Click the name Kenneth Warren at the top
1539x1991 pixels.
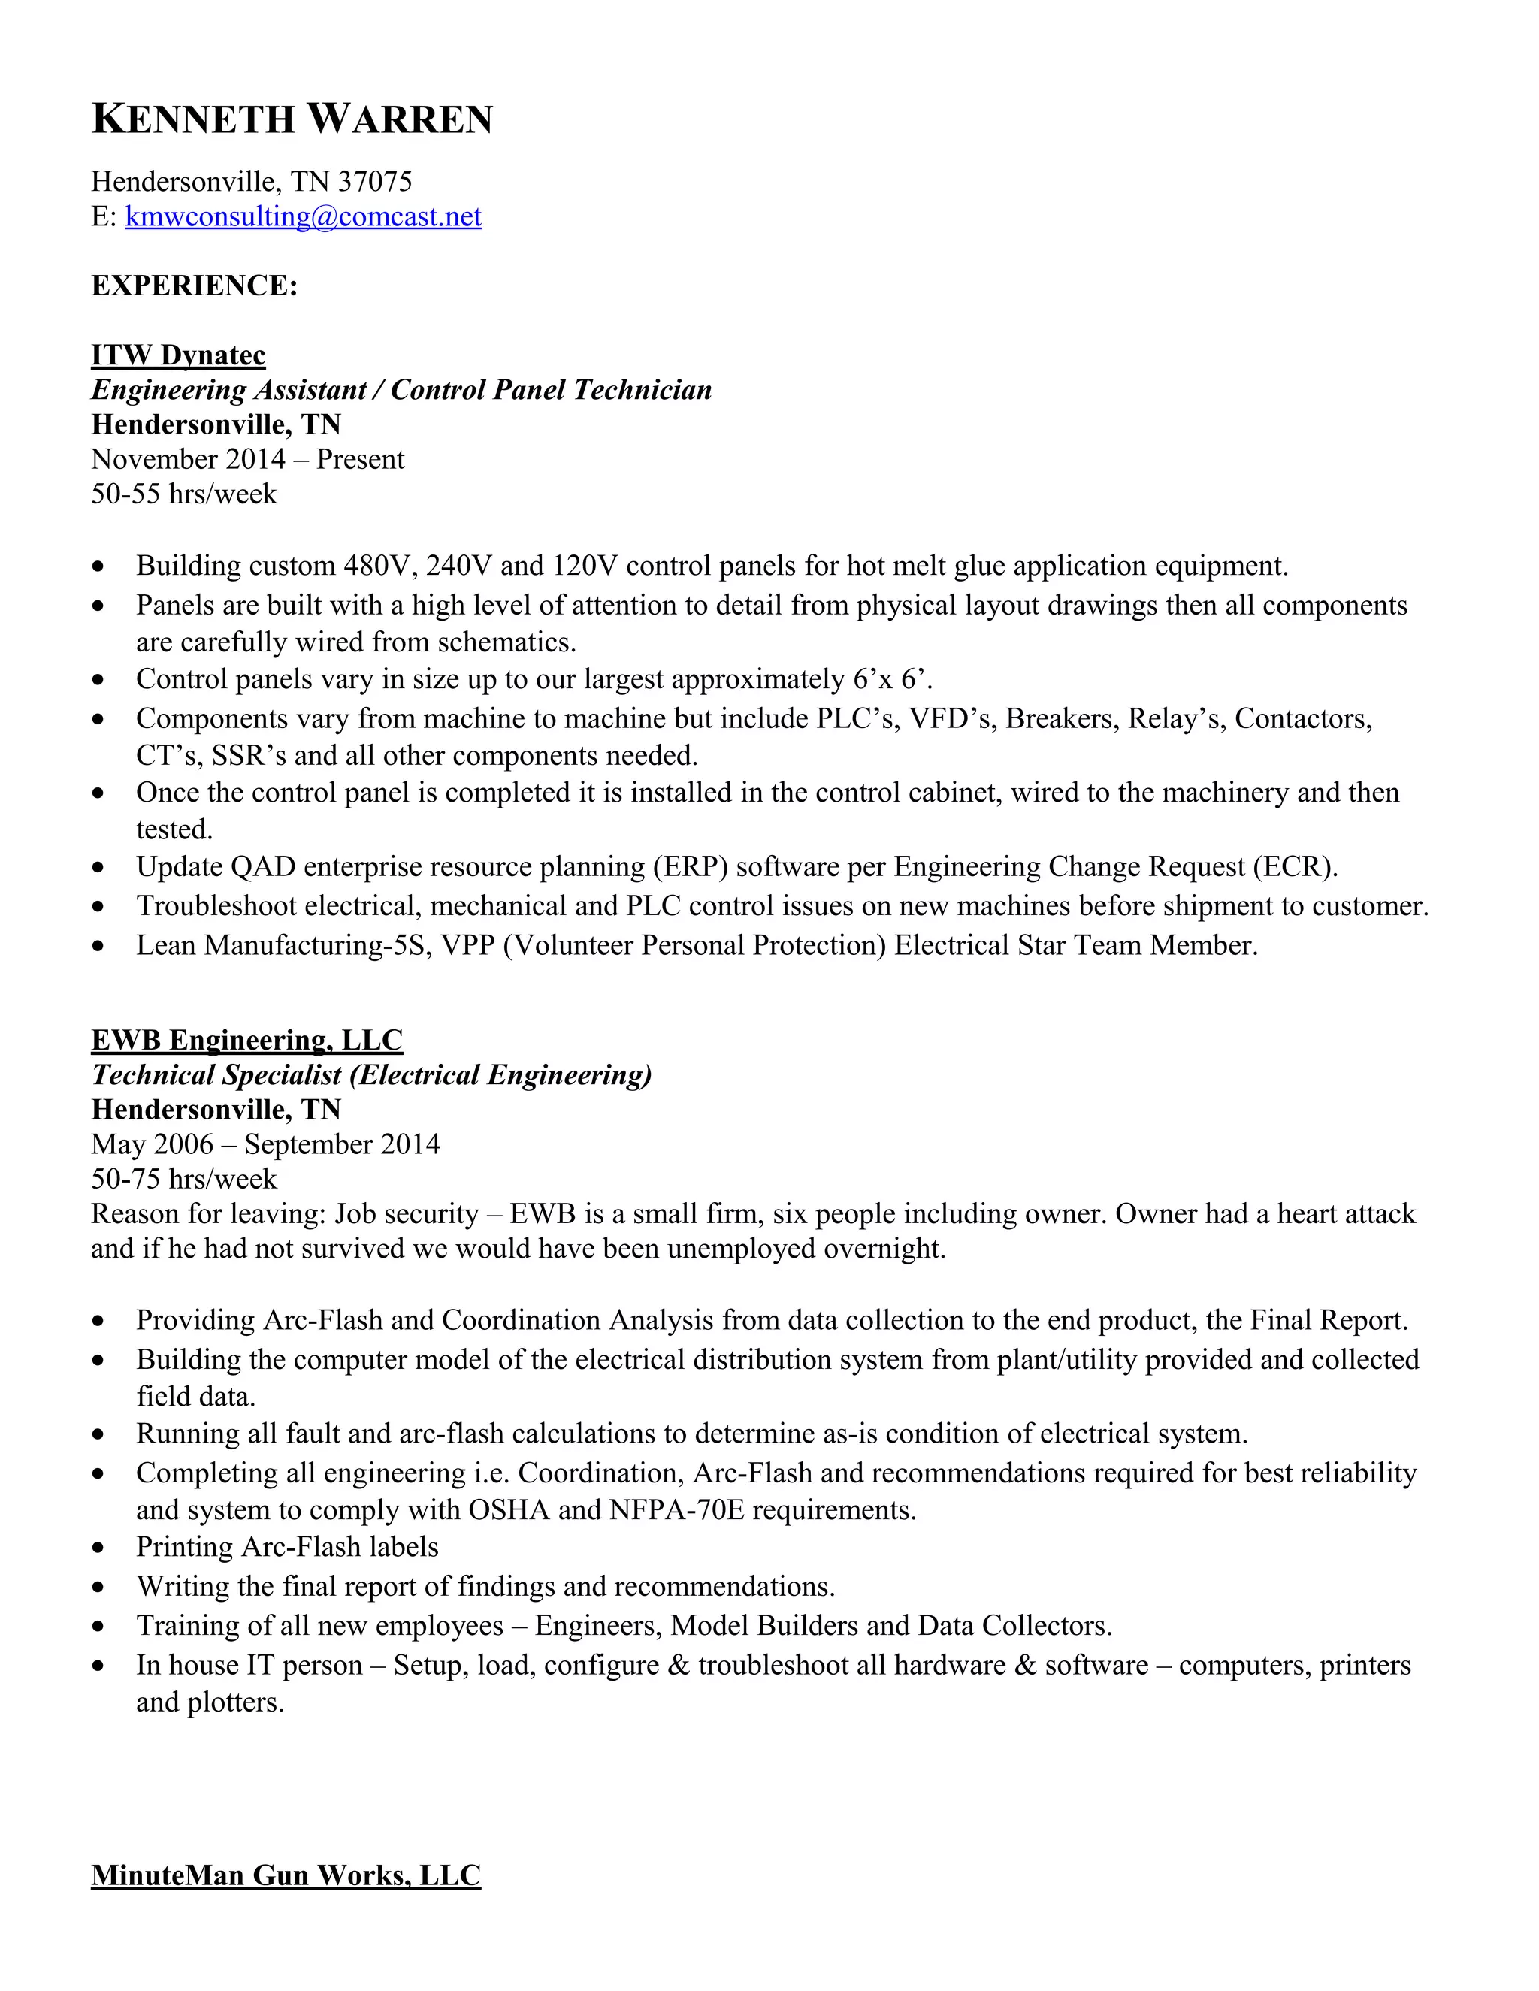click(292, 119)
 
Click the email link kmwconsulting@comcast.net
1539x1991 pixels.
click(303, 217)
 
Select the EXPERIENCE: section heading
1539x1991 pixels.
click(194, 286)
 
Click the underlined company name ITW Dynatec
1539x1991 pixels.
click(178, 355)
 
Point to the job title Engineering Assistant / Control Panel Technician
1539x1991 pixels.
click(401, 389)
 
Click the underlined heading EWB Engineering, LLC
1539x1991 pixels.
click(246, 1039)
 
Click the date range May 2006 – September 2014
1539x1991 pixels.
click(265, 1144)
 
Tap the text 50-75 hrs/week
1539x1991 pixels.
click(183, 1178)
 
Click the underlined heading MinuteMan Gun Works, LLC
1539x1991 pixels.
click(286, 1875)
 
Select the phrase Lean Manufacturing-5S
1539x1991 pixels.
click(283, 944)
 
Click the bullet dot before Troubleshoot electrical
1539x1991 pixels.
click(98, 907)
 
